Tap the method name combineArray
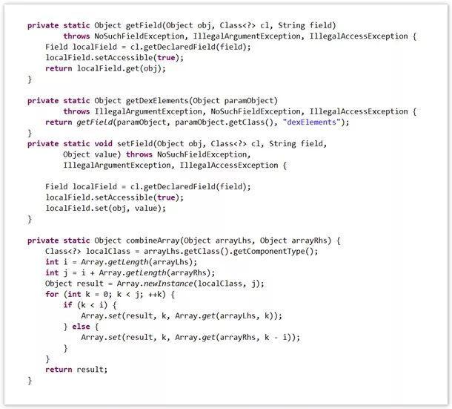coord(153,241)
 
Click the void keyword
coord(104,143)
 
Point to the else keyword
coord(81,327)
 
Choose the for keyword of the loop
coord(52,294)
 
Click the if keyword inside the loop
coord(67,305)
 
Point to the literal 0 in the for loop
coord(105,295)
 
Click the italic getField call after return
coord(95,122)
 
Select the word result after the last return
coord(90,370)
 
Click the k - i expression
coord(276,337)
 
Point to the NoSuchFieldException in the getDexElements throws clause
coord(256,111)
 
